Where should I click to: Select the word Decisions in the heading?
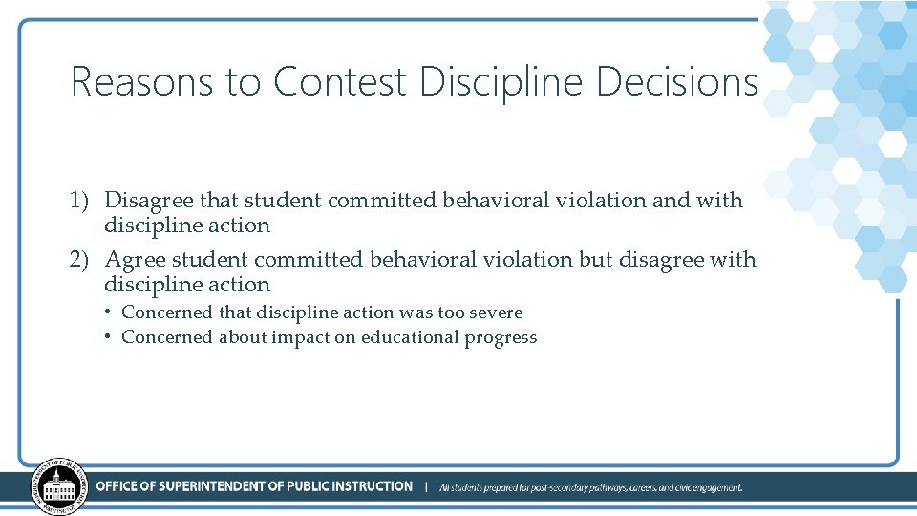pyautogui.click(x=677, y=82)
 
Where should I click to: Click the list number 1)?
pyautogui.click(x=79, y=201)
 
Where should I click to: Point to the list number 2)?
pyautogui.click(x=79, y=260)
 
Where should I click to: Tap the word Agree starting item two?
pyautogui.click(x=135, y=260)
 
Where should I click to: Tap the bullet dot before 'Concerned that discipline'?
pyautogui.click(x=110, y=312)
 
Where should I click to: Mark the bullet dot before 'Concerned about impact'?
pyautogui.click(x=110, y=337)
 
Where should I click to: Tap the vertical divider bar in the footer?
pyautogui.click(x=426, y=487)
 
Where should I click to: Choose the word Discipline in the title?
pyautogui.click(x=501, y=82)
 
